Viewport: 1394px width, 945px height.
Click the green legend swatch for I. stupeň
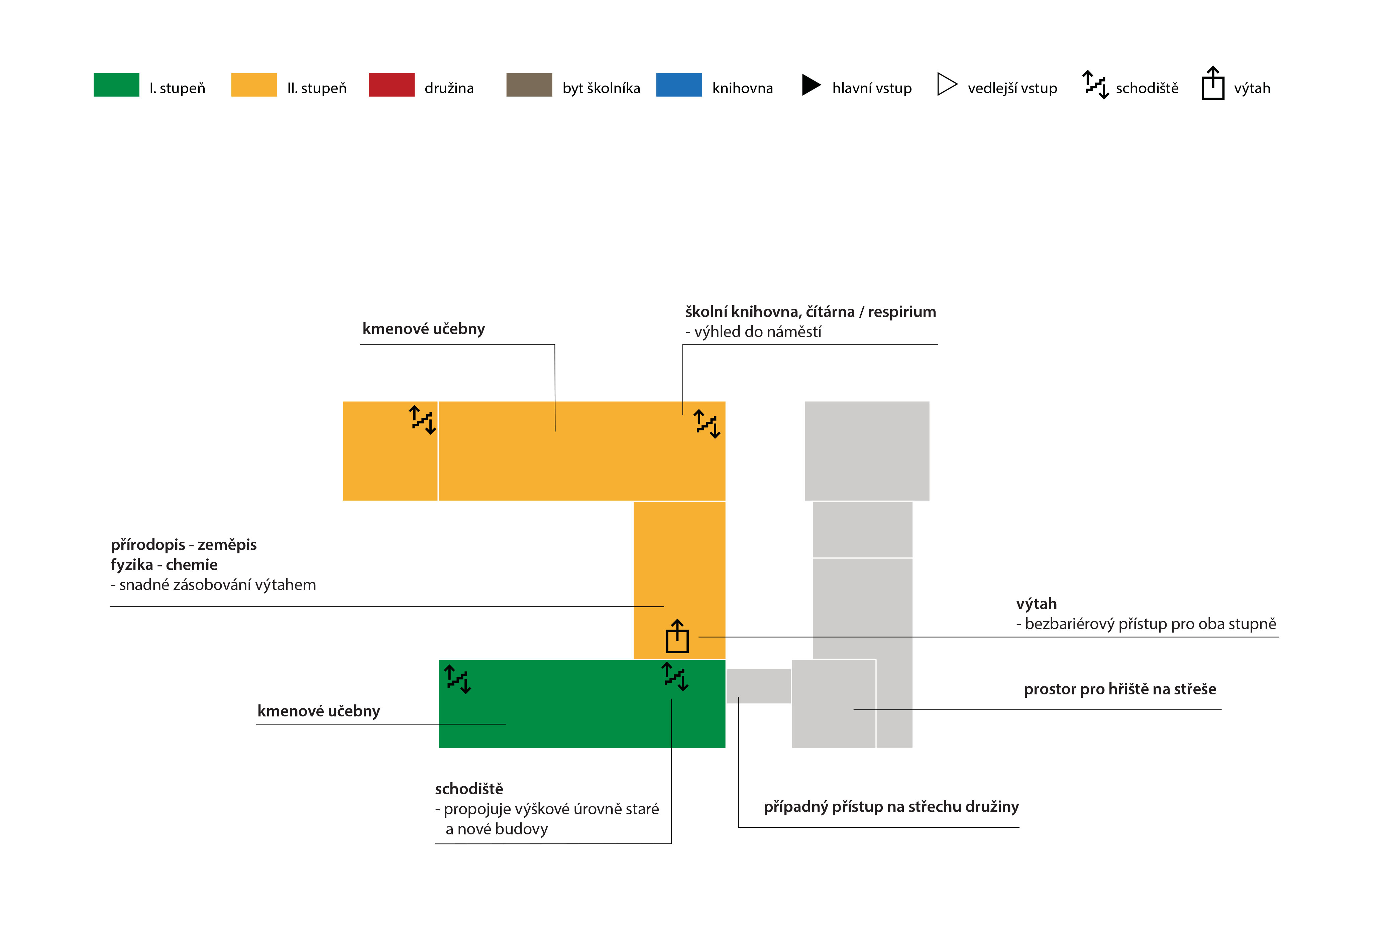[116, 85]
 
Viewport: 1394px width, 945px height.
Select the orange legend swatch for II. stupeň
[254, 85]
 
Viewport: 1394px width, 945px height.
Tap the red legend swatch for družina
[392, 85]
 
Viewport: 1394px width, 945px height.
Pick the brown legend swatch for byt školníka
[529, 85]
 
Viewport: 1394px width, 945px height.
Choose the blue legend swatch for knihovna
[679, 85]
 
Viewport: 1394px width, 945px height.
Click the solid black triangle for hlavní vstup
[811, 85]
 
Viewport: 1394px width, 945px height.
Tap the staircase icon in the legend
[1095, 85]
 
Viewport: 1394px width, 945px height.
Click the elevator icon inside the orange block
[677, 636]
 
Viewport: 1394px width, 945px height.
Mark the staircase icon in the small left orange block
[422, 420]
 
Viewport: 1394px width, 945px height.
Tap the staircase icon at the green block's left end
[458, 679]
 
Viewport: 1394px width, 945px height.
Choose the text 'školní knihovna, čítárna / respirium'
[811, 312]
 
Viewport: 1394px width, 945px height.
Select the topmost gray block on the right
[867, 451]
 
